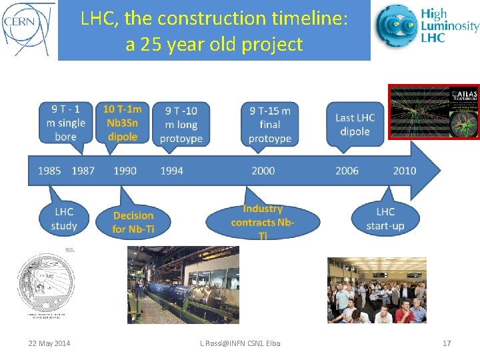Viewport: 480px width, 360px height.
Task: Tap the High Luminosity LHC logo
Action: [x=427, y=27]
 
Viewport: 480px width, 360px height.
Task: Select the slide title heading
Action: [x=214, y=31]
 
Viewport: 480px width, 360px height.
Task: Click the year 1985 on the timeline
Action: [x=49, y=171]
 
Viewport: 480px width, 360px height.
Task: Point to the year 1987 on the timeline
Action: [x=83, y=171]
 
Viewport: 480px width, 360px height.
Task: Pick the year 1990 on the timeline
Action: [x=125, y=171]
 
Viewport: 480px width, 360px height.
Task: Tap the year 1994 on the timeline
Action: [x=171, y=171]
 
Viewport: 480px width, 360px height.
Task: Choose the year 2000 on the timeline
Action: [x=263, y=171]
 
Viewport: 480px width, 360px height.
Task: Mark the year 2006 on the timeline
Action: [x=347, y=171]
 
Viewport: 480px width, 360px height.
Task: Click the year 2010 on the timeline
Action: [x=404, y=171]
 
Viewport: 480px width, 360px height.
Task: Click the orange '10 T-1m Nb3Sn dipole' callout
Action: [x=122, y=123]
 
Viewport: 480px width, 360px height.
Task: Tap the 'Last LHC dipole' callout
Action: [x=355, y=124]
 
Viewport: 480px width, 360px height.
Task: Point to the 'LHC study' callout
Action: [x=64, y=218]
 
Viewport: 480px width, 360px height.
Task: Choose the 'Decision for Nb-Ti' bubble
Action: [x=133, y=222]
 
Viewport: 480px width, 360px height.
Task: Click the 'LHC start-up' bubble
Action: [x=385, y=218]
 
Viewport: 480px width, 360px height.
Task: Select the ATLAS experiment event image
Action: [x=434, y=111]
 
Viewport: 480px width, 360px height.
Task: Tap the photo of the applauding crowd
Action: [x=377, y=290]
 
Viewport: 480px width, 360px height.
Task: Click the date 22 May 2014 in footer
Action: [x=49, y=343]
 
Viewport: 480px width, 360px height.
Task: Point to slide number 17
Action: [x=447, y=343]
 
